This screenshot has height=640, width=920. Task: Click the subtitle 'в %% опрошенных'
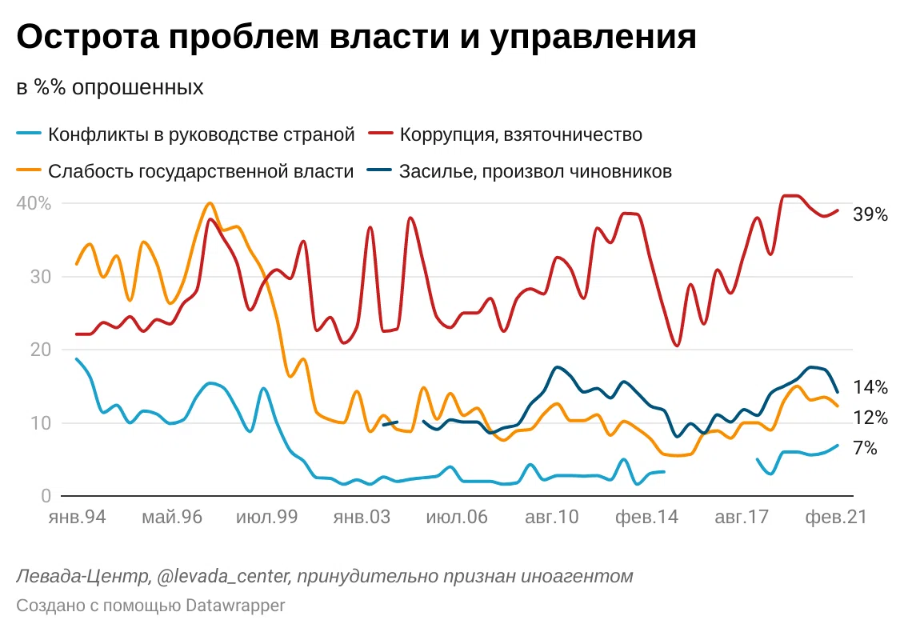click(x=110, y=87)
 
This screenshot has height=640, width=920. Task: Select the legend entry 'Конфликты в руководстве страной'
click(x=201, y=134)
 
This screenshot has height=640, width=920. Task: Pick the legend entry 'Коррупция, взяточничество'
click(x=521, y=134)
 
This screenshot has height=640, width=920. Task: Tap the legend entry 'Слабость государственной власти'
click(x=200, y=171)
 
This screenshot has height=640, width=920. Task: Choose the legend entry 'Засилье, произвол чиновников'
click(x=535, y=171)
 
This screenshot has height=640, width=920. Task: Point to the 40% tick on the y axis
click(x=34, y=203)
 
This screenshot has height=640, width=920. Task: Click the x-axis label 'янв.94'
click(x=78, y=518)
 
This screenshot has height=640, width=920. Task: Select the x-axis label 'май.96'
click(x=172, y=518)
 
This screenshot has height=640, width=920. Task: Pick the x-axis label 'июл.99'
click(x=266, y=518)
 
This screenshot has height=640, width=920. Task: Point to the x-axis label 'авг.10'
click(x=551, y=518)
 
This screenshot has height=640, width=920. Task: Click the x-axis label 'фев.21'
click(x=835, y=518)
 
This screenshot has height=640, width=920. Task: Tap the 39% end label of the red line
click(x=870, y=214)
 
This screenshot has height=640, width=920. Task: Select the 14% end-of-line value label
click(x=870, y=388)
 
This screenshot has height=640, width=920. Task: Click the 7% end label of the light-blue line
click(x=866, y=449)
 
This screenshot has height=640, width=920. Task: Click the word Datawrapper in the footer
click(x=235, y=606)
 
